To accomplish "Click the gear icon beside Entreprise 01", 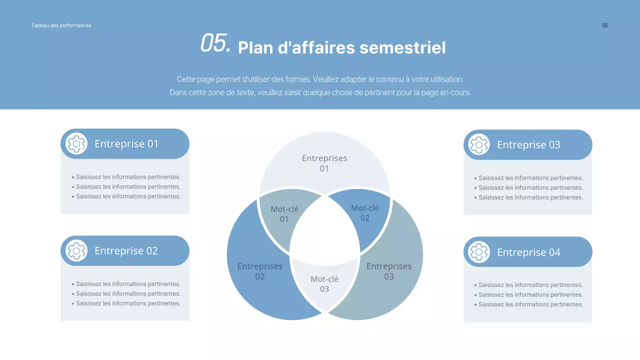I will (76, 144).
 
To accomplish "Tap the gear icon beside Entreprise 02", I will (76, 251).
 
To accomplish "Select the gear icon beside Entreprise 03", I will (479, 145).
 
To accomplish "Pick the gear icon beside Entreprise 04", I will (479, 252).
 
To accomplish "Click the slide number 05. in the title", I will (215, 43).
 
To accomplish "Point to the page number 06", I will (605, 25).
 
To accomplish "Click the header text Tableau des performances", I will (61, 25).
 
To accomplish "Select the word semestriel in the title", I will (402, 48).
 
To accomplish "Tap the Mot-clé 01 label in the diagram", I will (284, 214).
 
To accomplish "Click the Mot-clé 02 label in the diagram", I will (365, 213).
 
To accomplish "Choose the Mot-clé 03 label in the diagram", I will (324, 284).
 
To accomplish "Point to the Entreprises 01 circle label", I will (324, 163).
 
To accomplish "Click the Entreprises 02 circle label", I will (260, 271).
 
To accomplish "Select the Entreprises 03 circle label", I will (389, 271).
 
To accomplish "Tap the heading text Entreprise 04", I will (528, 252).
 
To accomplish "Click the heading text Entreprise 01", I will (126, 144).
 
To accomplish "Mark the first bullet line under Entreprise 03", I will (530, 178).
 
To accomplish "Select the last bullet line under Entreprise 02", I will (128, 303).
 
